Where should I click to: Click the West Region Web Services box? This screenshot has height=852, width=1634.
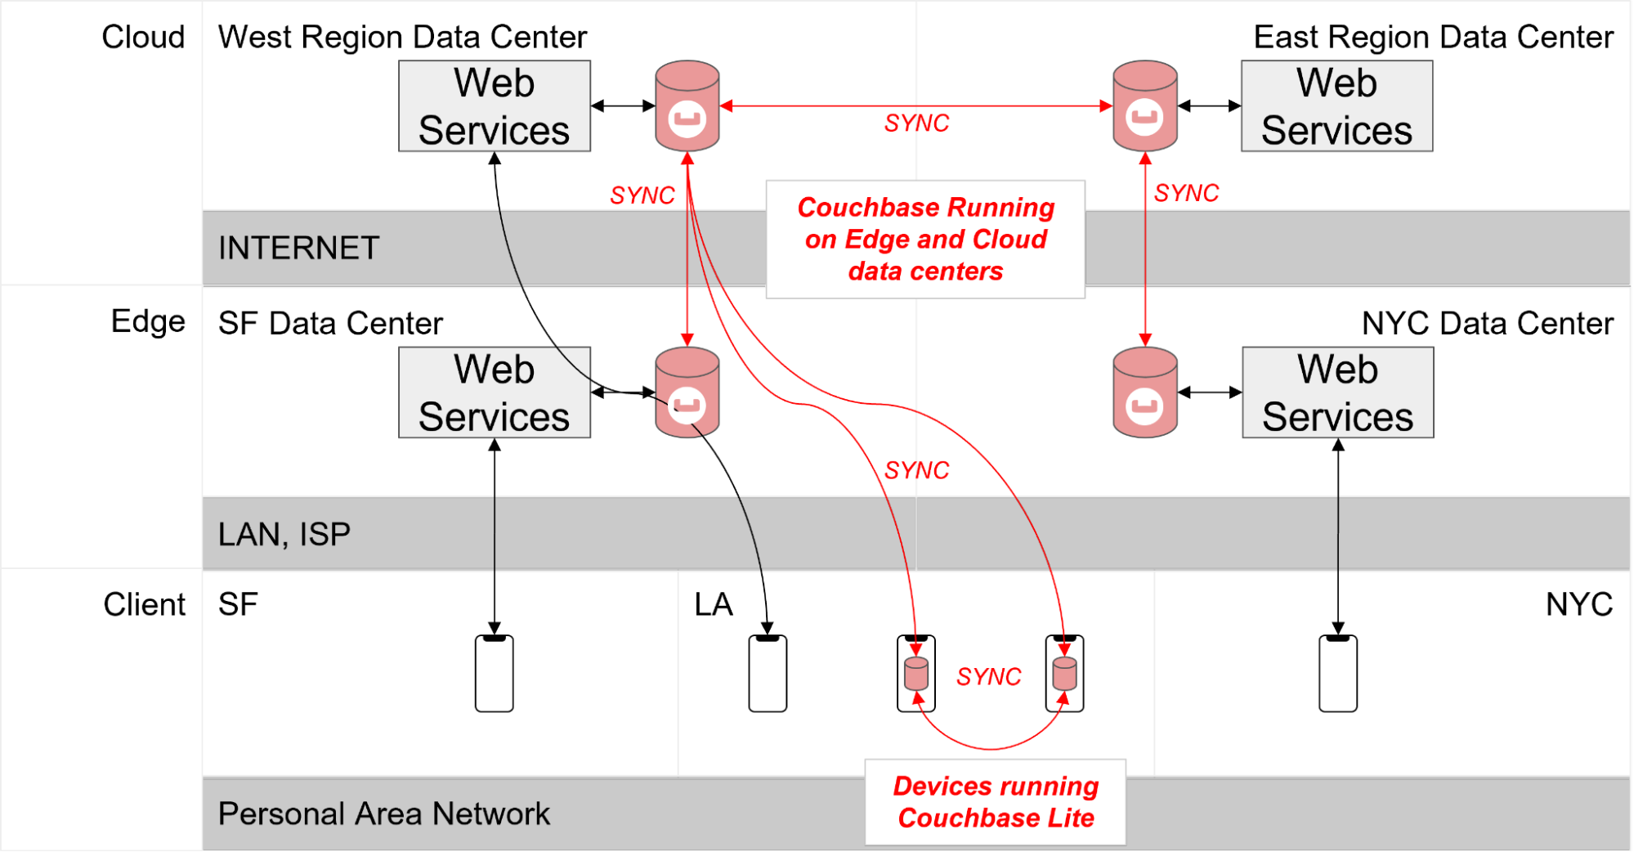tap(494, 106)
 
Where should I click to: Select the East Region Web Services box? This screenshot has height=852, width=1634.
tap(1336, 106)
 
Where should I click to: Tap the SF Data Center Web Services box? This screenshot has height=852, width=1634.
tap(494, 392)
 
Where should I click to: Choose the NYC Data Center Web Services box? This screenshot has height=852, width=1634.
tap(1337, 392)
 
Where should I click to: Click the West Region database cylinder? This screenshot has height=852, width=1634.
tap(687, 106)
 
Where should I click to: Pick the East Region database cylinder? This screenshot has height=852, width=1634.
tap(1144, 106)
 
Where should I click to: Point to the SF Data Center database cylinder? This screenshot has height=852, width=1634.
tap(687, 392)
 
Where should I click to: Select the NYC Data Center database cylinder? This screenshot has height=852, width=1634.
tap(1144, 392)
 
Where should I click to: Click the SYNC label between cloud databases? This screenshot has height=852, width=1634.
tap(916, 123)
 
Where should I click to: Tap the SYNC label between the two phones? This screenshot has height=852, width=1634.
tap(988, 677)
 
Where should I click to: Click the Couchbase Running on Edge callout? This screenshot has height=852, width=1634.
tap(925, 240)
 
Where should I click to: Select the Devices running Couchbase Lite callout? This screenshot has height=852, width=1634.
tap(995, 802)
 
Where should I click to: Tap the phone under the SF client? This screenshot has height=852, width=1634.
tap(494, 674)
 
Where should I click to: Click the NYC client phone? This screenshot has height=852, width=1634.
tap(1337, 674)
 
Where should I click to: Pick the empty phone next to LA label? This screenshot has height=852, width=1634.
tap(768, 674)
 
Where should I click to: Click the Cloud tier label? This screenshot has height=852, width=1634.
tap(143, 38)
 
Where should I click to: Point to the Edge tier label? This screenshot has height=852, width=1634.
tap(148, 322)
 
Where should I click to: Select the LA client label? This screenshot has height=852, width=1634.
tap(713, 605)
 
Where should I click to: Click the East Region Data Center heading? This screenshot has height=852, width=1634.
tap(1433, 38)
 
